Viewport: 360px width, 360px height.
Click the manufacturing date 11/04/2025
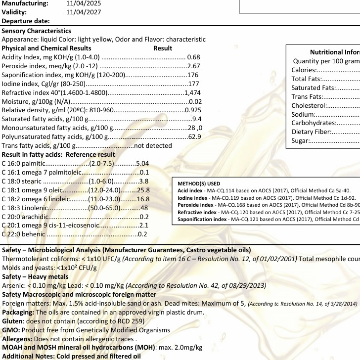coord(84,3)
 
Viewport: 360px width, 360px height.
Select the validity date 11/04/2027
coord(84,12)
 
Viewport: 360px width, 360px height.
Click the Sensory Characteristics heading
coord(37,31)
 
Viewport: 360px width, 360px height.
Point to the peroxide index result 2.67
coord(193,66)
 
